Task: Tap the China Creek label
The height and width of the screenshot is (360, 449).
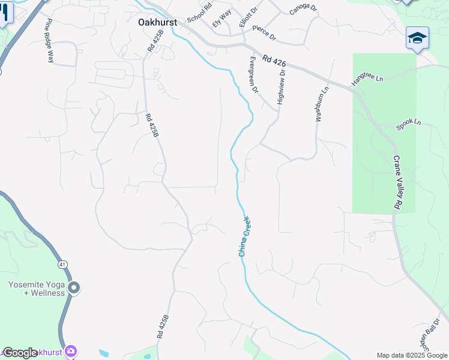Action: tap(245, 236)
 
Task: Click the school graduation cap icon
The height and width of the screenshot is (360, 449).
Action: tap(417, 38)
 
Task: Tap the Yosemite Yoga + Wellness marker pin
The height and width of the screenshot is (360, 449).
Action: tap(74, 288)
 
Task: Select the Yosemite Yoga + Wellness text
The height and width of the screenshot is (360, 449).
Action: tap(37, 289)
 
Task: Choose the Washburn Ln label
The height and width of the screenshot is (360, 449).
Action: tap(322, 104)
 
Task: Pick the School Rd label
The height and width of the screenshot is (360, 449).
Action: tap(199, 13)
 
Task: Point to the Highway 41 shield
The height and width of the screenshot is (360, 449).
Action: tap(62, 264)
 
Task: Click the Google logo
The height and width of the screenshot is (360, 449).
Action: tap(20, 353)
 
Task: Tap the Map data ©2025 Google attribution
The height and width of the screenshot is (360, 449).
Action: tap(412, 355)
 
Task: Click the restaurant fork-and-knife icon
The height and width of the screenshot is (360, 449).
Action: tap(5, 13)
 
